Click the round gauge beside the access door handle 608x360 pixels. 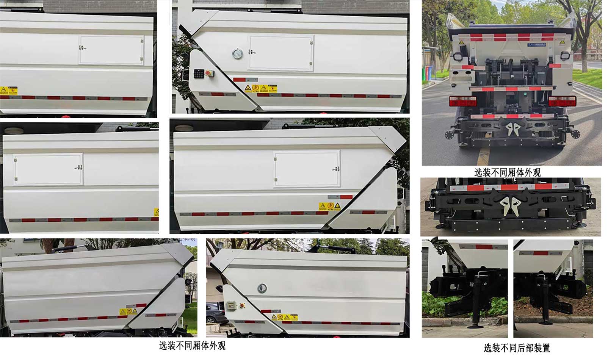click(237, 53)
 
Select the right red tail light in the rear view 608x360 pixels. click(562, 101)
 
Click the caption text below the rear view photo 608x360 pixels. click(507, 172)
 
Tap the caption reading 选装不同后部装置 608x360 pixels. click(517, 347)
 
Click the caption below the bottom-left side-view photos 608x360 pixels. click(192, 345)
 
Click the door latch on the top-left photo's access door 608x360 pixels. click(82, 47)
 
